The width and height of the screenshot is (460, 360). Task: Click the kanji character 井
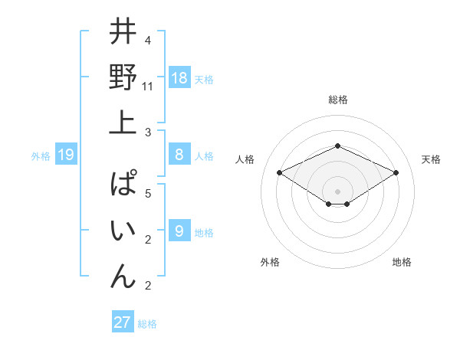(123, 34)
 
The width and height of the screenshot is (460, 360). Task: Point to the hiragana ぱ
(123, 185)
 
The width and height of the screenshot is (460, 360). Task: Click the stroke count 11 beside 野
(148, 87)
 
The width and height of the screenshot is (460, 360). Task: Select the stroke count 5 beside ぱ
(147, 194)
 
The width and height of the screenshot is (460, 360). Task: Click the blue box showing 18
(179, 78)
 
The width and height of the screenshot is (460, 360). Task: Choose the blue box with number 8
(179, 155)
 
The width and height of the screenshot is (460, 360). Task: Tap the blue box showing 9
(179, 231)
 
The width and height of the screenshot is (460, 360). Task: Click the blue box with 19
(66, 155)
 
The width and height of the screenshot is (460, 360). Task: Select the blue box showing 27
(123, 322)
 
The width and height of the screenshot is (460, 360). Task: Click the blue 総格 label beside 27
(147, 324)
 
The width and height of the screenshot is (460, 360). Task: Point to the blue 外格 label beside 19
(41, 156)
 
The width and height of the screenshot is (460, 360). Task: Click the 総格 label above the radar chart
(337, 100)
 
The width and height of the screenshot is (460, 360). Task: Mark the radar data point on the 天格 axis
(396, 172)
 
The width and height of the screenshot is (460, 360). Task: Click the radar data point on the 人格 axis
(279, 172)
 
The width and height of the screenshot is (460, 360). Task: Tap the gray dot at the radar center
(337, 191)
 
